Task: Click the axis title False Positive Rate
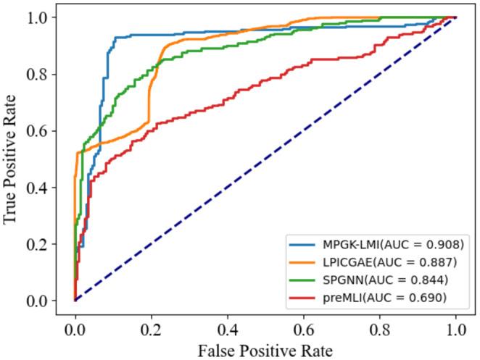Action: coord(265,348)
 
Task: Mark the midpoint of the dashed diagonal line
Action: coord(265,159)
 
